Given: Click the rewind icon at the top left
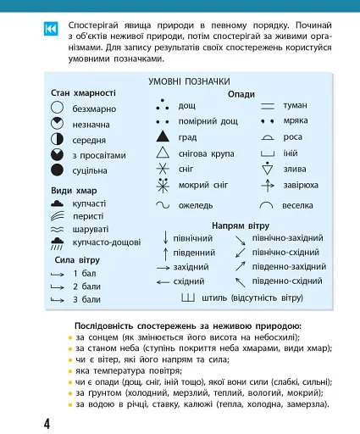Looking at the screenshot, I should point(48,31).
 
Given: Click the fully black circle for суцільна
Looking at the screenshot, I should point(58,170).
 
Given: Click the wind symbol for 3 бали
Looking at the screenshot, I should point(58,299).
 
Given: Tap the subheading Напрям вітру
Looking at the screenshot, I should point(241,225).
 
